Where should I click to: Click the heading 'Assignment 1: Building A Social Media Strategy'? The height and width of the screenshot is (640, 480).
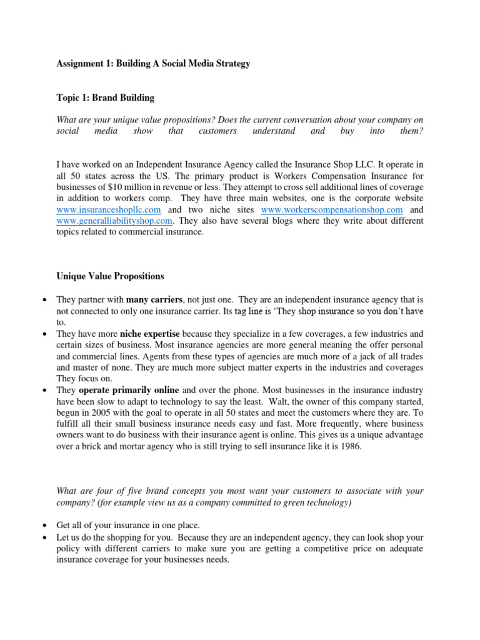153,64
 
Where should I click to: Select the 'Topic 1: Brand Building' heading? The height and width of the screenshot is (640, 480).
105,98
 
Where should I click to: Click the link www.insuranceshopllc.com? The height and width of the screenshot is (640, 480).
109,209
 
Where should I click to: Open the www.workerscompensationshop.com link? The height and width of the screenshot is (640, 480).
332,209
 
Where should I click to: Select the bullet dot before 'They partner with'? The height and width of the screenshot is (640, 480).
45,300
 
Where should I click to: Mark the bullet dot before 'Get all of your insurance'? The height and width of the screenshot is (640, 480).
45,525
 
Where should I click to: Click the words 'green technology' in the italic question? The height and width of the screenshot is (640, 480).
318,502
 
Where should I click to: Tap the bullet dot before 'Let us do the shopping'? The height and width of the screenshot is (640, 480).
45,537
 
